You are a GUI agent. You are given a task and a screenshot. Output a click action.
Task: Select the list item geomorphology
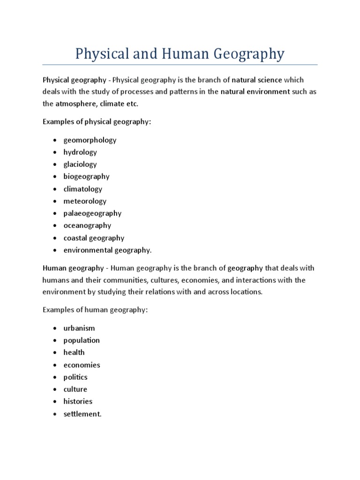(x=90, y=140)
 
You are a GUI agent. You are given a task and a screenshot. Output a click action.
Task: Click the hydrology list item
(x=80, y=152)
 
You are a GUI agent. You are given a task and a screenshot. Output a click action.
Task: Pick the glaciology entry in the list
(x=80, y=165)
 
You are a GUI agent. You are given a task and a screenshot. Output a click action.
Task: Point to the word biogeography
(x=87, y=177)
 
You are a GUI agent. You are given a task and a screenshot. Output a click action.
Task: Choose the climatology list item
(x=83, y=189)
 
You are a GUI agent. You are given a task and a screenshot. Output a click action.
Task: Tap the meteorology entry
(x=85, y=202)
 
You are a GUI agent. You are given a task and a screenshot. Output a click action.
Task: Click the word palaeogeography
(x=92, y=214)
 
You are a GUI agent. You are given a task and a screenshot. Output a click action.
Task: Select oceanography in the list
(x=86, y=226)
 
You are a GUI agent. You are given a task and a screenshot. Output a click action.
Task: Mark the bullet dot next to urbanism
(x=55, y=329)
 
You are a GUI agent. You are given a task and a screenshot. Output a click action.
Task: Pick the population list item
(x=82, y=340)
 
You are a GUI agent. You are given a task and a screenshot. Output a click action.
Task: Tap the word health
(x=74, y=352)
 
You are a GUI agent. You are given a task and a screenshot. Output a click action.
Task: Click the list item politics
(x=75, y=377)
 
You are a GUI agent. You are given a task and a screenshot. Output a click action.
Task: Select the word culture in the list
(x=75, y=390)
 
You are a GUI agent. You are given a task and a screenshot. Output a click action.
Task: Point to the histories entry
(x=78, y=402)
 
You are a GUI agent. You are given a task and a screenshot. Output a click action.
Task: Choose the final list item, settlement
(x=82, y=414)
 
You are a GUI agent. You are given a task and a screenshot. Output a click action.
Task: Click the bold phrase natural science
(x=259, y=80)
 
